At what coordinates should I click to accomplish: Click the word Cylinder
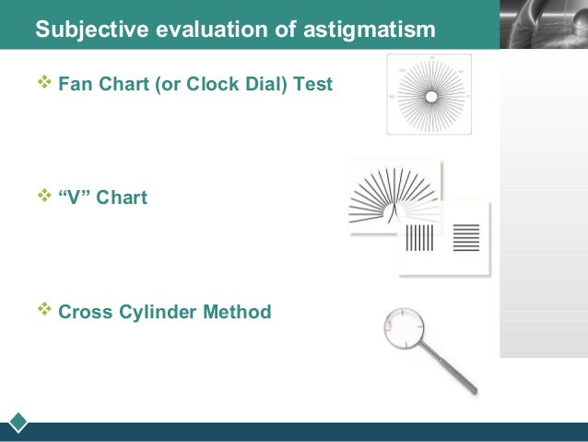coord(159,312)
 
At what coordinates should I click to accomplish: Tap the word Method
coord(239,312)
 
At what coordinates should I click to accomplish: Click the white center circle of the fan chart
coord(430,96)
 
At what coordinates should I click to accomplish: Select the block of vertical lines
coord(419,237)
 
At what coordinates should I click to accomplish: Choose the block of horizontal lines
coord(466,237)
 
